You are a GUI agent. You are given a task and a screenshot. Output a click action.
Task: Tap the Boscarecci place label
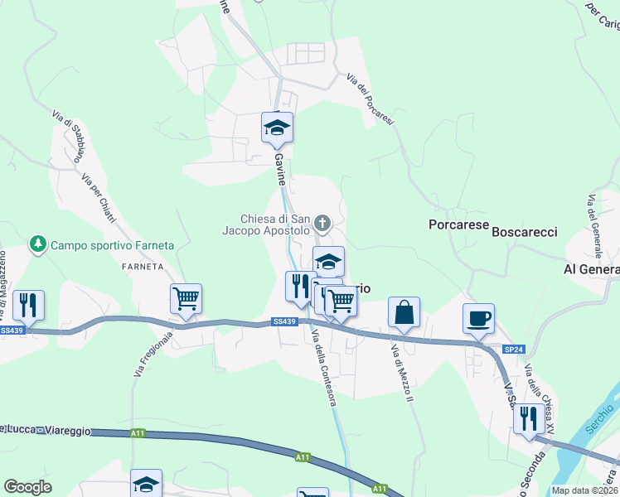point(525,233)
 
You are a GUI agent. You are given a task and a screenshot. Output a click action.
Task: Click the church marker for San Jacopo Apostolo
point(322,223)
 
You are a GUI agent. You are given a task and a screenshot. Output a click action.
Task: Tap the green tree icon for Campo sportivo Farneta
point(37,244)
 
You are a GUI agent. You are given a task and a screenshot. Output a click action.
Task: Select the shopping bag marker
point(404,314)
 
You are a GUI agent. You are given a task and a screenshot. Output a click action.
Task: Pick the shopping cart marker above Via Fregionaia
point(186,299)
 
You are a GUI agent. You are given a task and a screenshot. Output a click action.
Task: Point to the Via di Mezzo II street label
point(401,374)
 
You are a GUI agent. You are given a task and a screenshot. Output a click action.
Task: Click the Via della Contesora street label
point(324,369)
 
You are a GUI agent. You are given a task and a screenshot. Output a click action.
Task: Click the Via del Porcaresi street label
point(371,99)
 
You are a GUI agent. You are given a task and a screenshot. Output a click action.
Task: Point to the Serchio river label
point(602,427)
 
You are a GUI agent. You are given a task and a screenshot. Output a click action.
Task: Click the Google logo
point(27,487)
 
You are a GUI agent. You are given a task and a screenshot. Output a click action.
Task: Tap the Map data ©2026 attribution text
point(584,490)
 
